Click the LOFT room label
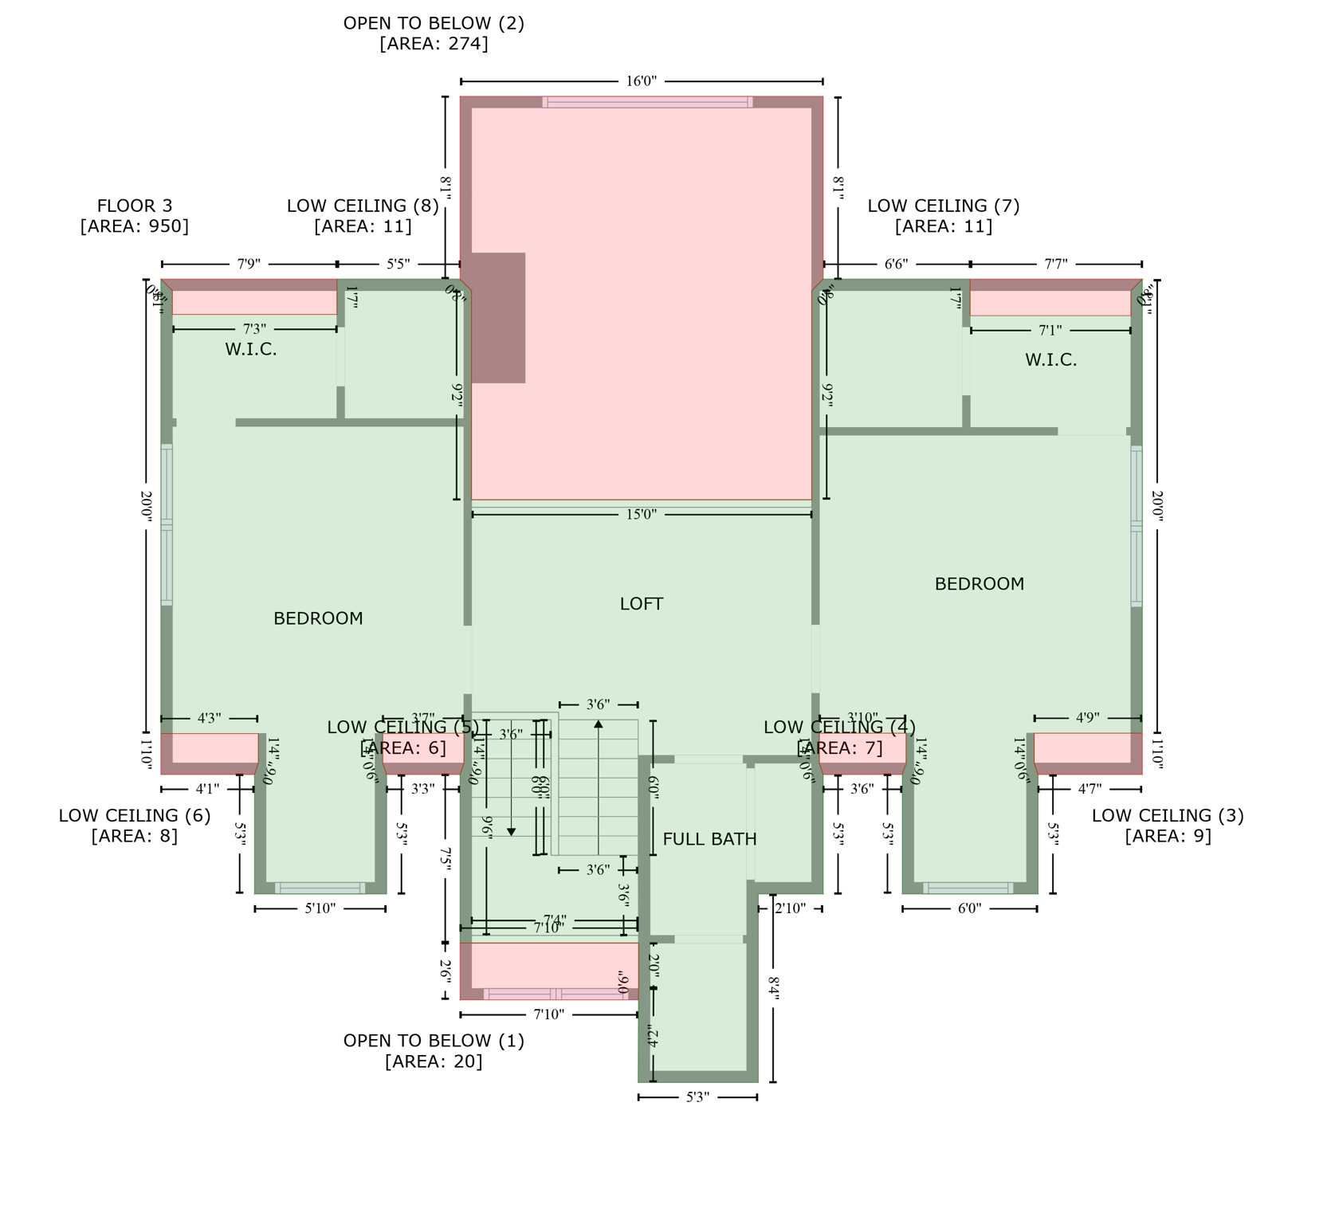641,604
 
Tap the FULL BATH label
709,839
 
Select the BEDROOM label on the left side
318,618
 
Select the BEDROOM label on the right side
979,584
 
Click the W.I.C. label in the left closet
250,349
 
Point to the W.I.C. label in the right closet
1050,360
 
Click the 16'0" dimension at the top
641,81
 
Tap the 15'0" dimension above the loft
641,515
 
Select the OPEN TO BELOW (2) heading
434,24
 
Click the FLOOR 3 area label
135,206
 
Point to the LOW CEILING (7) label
943,206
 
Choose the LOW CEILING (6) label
135,816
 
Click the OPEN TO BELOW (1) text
434,1041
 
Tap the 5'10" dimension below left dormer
320,908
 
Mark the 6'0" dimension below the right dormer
969,908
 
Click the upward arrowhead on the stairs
598,724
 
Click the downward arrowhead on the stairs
512,832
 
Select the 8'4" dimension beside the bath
773,988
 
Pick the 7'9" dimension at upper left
249,264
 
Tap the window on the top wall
646,102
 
